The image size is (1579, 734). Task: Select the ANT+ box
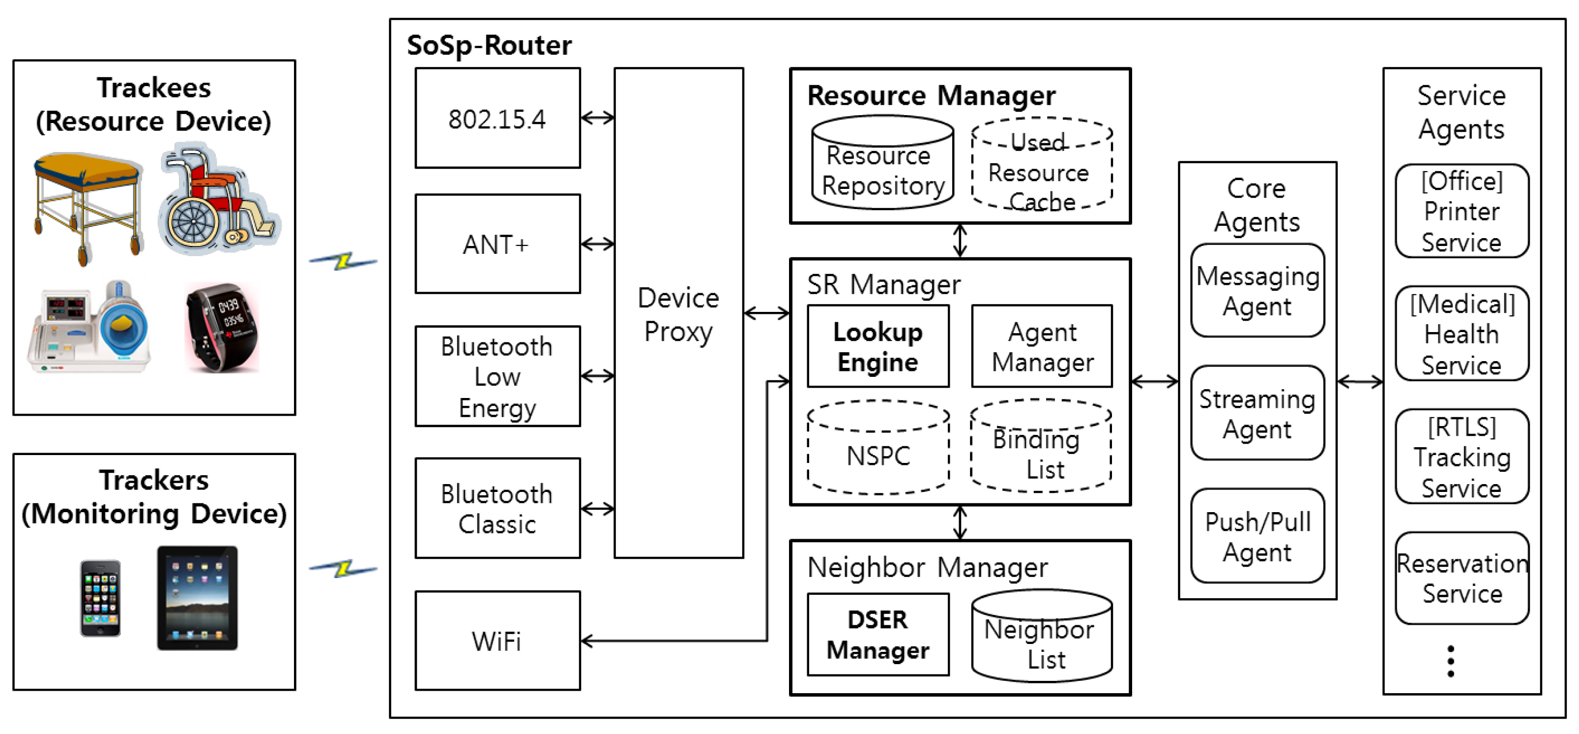click(497, 244)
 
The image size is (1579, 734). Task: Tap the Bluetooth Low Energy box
click(497, 376)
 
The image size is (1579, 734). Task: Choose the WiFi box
click(497, 641)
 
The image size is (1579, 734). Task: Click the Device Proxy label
click(678, 314)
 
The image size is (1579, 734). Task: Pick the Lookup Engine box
click(878, 346)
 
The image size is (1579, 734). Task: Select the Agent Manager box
click(1042, 346)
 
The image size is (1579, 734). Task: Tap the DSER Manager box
click(878, 635)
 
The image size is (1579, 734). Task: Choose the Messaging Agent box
click(1257, 291)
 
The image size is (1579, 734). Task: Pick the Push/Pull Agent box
click(1257, 536)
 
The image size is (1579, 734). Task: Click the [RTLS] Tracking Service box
click(1462, 457)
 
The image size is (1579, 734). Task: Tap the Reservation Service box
click(1462, 578)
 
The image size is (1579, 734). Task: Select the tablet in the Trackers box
click(198, 598)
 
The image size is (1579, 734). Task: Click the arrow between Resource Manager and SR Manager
click(960, 241)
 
